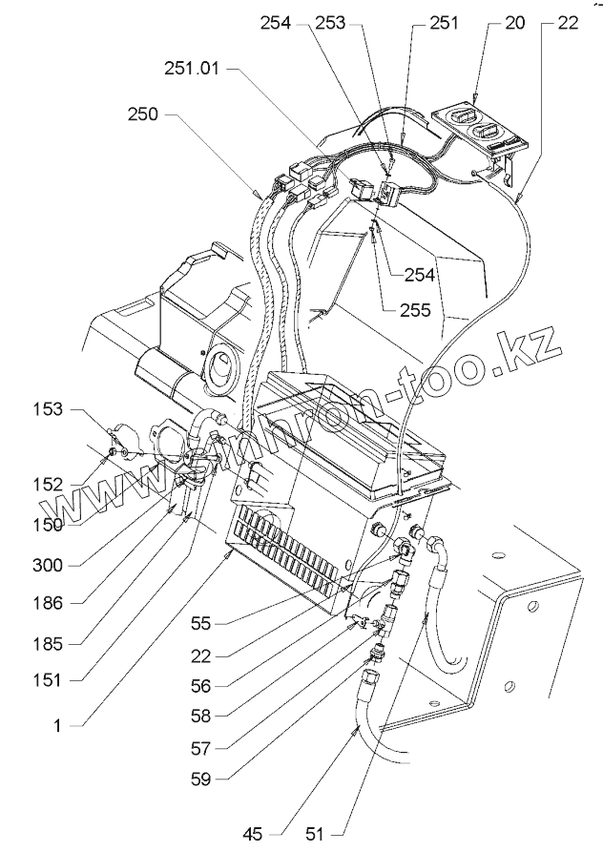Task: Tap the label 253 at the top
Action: (x=328, y=26)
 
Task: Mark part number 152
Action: (x=48, y=484)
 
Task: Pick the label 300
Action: (x=48, y=565)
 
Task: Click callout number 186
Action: (x=48, y=603)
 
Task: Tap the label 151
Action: (x=48, y=679)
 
